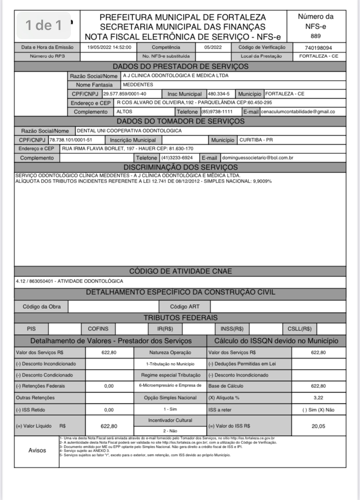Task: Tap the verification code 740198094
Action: (319, 47)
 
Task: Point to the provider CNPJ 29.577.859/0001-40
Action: (125, 94)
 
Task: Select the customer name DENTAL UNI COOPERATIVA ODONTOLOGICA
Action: (129, 130)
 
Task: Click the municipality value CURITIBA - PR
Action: (256, 140)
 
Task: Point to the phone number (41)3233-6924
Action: (177, 157)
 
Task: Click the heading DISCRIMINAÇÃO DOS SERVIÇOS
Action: (180, 167)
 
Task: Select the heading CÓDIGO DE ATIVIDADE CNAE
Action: (180, 271)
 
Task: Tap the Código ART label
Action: (185, 307)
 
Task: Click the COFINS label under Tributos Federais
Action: (98, 329)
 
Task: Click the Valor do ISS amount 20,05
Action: (318, 426)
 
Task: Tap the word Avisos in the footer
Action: (37, 450)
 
